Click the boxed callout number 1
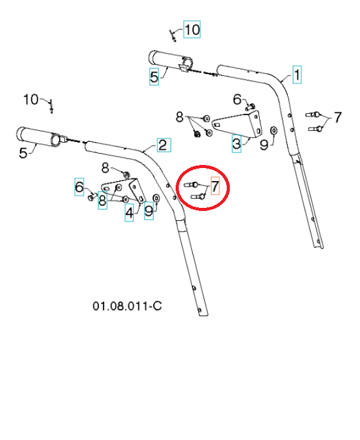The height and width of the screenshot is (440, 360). click(298, 75)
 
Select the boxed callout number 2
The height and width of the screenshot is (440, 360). click(162, 146)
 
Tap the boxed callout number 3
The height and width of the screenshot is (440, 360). click(236, 144)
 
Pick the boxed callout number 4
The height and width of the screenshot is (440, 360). click(129, 213)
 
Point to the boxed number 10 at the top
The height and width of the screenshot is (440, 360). click(192, 29)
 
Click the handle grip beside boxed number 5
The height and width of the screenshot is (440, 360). click(169, 61)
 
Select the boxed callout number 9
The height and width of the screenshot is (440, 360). click(148, 212)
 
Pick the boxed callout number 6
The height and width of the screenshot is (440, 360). click(79, 186)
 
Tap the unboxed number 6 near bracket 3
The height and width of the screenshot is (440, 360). click(237, 99)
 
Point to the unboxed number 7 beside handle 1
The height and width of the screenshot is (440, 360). click(338, 117)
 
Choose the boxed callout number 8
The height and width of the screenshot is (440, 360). click(101, 202)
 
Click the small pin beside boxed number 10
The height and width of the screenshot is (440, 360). click(175, 35)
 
